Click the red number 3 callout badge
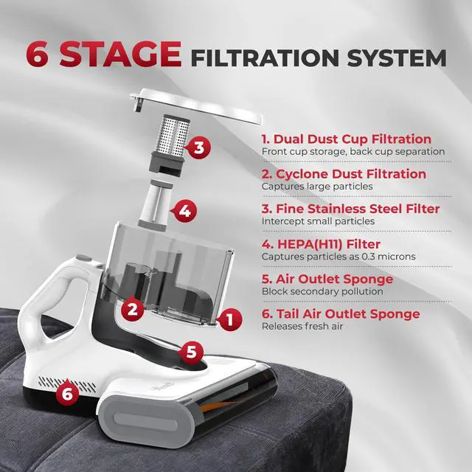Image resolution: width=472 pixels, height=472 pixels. click(x=198, y=147)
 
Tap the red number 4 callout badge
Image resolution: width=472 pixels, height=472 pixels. click(x=184, y=211)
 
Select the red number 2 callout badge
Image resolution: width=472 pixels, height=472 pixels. click(x=133, y=309)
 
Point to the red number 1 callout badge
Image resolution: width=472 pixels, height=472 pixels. click(x=229, y=319)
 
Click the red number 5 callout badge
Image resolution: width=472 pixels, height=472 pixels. click(x=191, y=351)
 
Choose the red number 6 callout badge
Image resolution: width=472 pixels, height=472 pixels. click(x=67, y=392)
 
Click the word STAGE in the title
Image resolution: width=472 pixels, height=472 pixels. click(x=121, y=54)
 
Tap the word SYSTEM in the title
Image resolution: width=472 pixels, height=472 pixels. click(x=397, y=58)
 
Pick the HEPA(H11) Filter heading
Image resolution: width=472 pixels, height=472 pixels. click(x=321, y=244)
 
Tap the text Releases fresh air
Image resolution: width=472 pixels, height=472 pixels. click(x=302, y=326)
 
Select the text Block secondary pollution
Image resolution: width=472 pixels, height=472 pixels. click(x=322, y=291)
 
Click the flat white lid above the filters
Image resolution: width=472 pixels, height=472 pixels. click(x=195, y=105)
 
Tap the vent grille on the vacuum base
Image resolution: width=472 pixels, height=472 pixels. click(x=67, y=384)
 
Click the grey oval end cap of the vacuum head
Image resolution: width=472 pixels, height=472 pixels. click(x=147, y=420)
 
